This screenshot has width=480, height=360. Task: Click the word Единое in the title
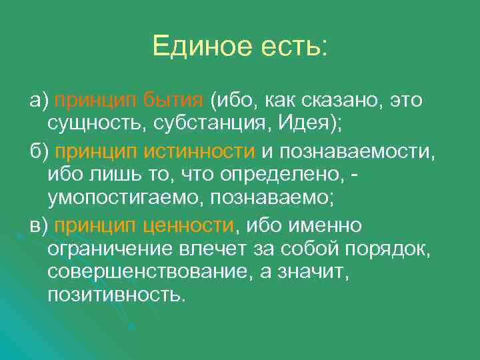197,47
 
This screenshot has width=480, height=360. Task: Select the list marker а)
39,101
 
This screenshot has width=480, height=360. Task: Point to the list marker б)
39,151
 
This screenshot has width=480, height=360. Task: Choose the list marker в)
39,226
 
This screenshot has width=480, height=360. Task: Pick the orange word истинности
199,151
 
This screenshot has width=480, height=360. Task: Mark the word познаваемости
357,151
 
